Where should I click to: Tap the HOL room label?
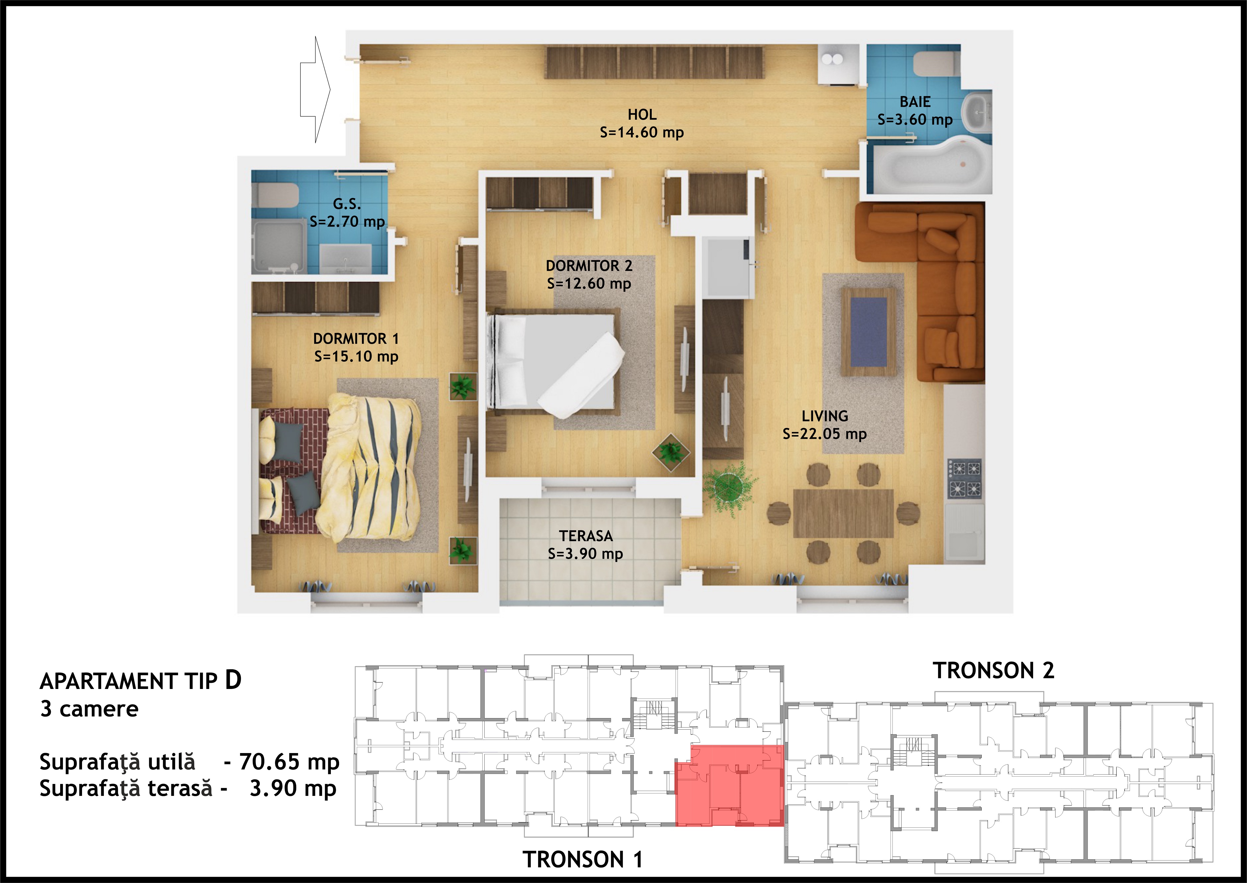(x=642, y=115)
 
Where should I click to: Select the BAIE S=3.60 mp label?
(x=915, y=111)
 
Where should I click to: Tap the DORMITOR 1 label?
(x=356, y=339)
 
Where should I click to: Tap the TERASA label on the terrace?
(x=586, y=536)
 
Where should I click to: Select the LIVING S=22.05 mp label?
(x=825, y=425)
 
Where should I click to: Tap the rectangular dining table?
(x=843, y=513)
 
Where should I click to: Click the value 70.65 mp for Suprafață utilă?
(x=290, y=762)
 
